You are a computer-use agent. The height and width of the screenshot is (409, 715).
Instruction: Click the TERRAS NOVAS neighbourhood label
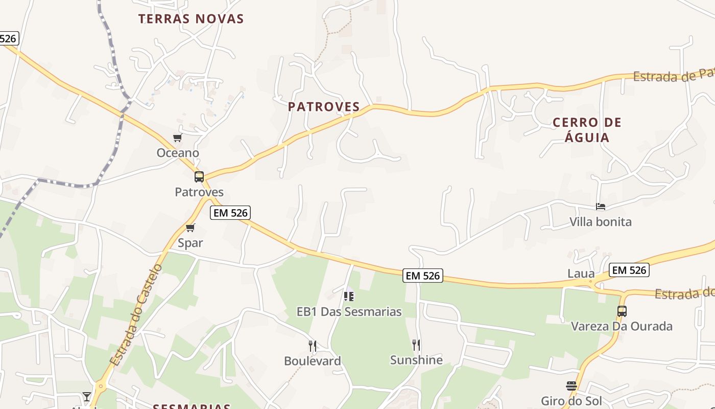point(191,19)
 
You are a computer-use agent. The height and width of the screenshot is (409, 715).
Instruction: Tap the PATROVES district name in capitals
point(324,107)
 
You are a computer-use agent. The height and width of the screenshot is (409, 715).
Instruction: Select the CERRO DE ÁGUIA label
point(587,130)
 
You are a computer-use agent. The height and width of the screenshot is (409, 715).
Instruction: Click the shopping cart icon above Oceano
point(177,138)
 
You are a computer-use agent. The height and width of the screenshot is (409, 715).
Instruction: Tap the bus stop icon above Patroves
point(199,177)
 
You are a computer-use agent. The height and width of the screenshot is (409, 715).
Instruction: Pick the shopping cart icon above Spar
point(190,228)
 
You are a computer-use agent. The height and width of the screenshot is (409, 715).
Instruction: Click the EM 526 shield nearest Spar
point(230,213)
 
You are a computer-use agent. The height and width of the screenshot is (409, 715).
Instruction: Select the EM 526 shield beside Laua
point(629,270)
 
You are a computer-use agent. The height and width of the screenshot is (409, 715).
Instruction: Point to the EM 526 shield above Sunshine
point(422,276)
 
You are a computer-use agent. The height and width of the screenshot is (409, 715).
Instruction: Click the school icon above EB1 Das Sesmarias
point(349,296)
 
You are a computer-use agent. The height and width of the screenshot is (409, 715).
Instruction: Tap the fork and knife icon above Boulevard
point(313,346)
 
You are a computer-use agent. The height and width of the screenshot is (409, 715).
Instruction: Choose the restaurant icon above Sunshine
point(416,345)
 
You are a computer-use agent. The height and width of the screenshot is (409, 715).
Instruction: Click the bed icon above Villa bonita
point(601,207)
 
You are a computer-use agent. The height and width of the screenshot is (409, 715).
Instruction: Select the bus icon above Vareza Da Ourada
point(622,311)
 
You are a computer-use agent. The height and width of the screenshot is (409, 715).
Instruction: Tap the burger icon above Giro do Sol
point(571,385)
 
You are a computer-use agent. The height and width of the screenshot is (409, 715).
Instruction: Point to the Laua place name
point(581,274)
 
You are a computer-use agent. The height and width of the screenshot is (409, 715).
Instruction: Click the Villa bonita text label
point(601,222)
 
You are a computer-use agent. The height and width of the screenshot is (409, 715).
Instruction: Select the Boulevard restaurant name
point(313,361)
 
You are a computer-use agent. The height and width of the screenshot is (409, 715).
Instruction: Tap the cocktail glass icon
point(87,396)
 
